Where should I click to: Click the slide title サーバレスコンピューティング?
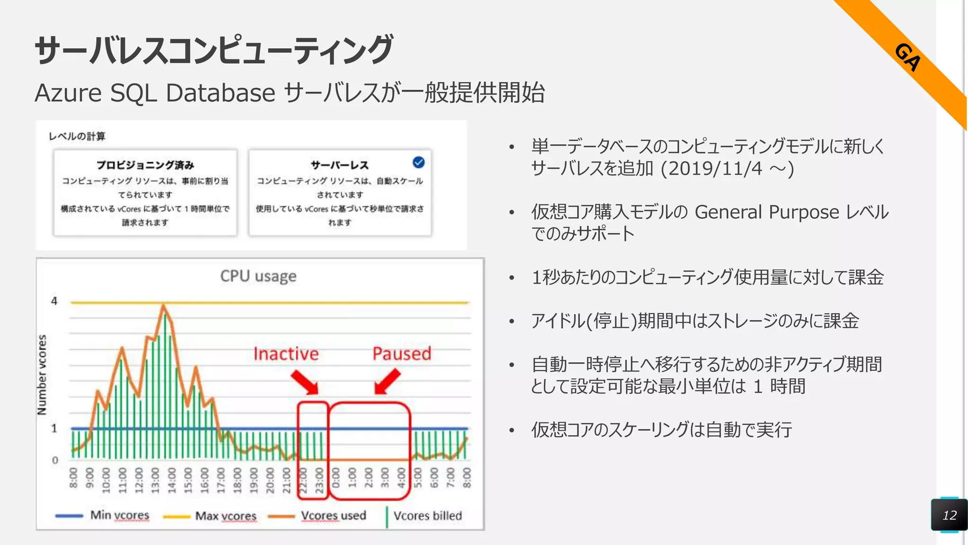pyautogui.click(x=214, y=50)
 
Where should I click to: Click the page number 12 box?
pyautogui.click(x=949, y=515)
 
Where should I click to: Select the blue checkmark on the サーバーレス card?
pyautogui.click(x=418, y=162)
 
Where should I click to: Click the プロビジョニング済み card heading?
pyautogui.click(x=145, y=165)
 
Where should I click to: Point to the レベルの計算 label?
pyautogui.click(x=77, y=136)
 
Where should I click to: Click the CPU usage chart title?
pyautogui.click(x=258, y=276)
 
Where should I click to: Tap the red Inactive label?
pyautogui.click(x=286, y=354)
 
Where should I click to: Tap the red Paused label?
pyautogui.click(x=402, y=353)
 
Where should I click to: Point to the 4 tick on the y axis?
pyautogui.click(x=54, y=301)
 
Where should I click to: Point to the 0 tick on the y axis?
pyautogui.click(x=55, y=460)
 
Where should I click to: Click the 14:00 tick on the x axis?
pyautogui.click(x=172, y=481)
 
